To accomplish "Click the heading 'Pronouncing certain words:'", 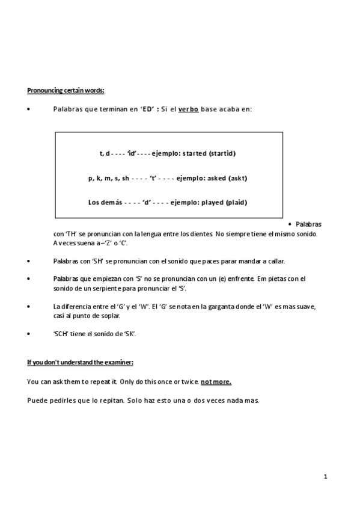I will click(66, 90).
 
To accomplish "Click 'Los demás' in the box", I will click(105, 202).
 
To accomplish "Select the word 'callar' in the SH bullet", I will click(275, 260).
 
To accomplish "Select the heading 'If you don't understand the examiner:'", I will click(80, 363).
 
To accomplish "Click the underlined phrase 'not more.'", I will click(216, 382).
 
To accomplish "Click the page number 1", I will click(325, 477).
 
